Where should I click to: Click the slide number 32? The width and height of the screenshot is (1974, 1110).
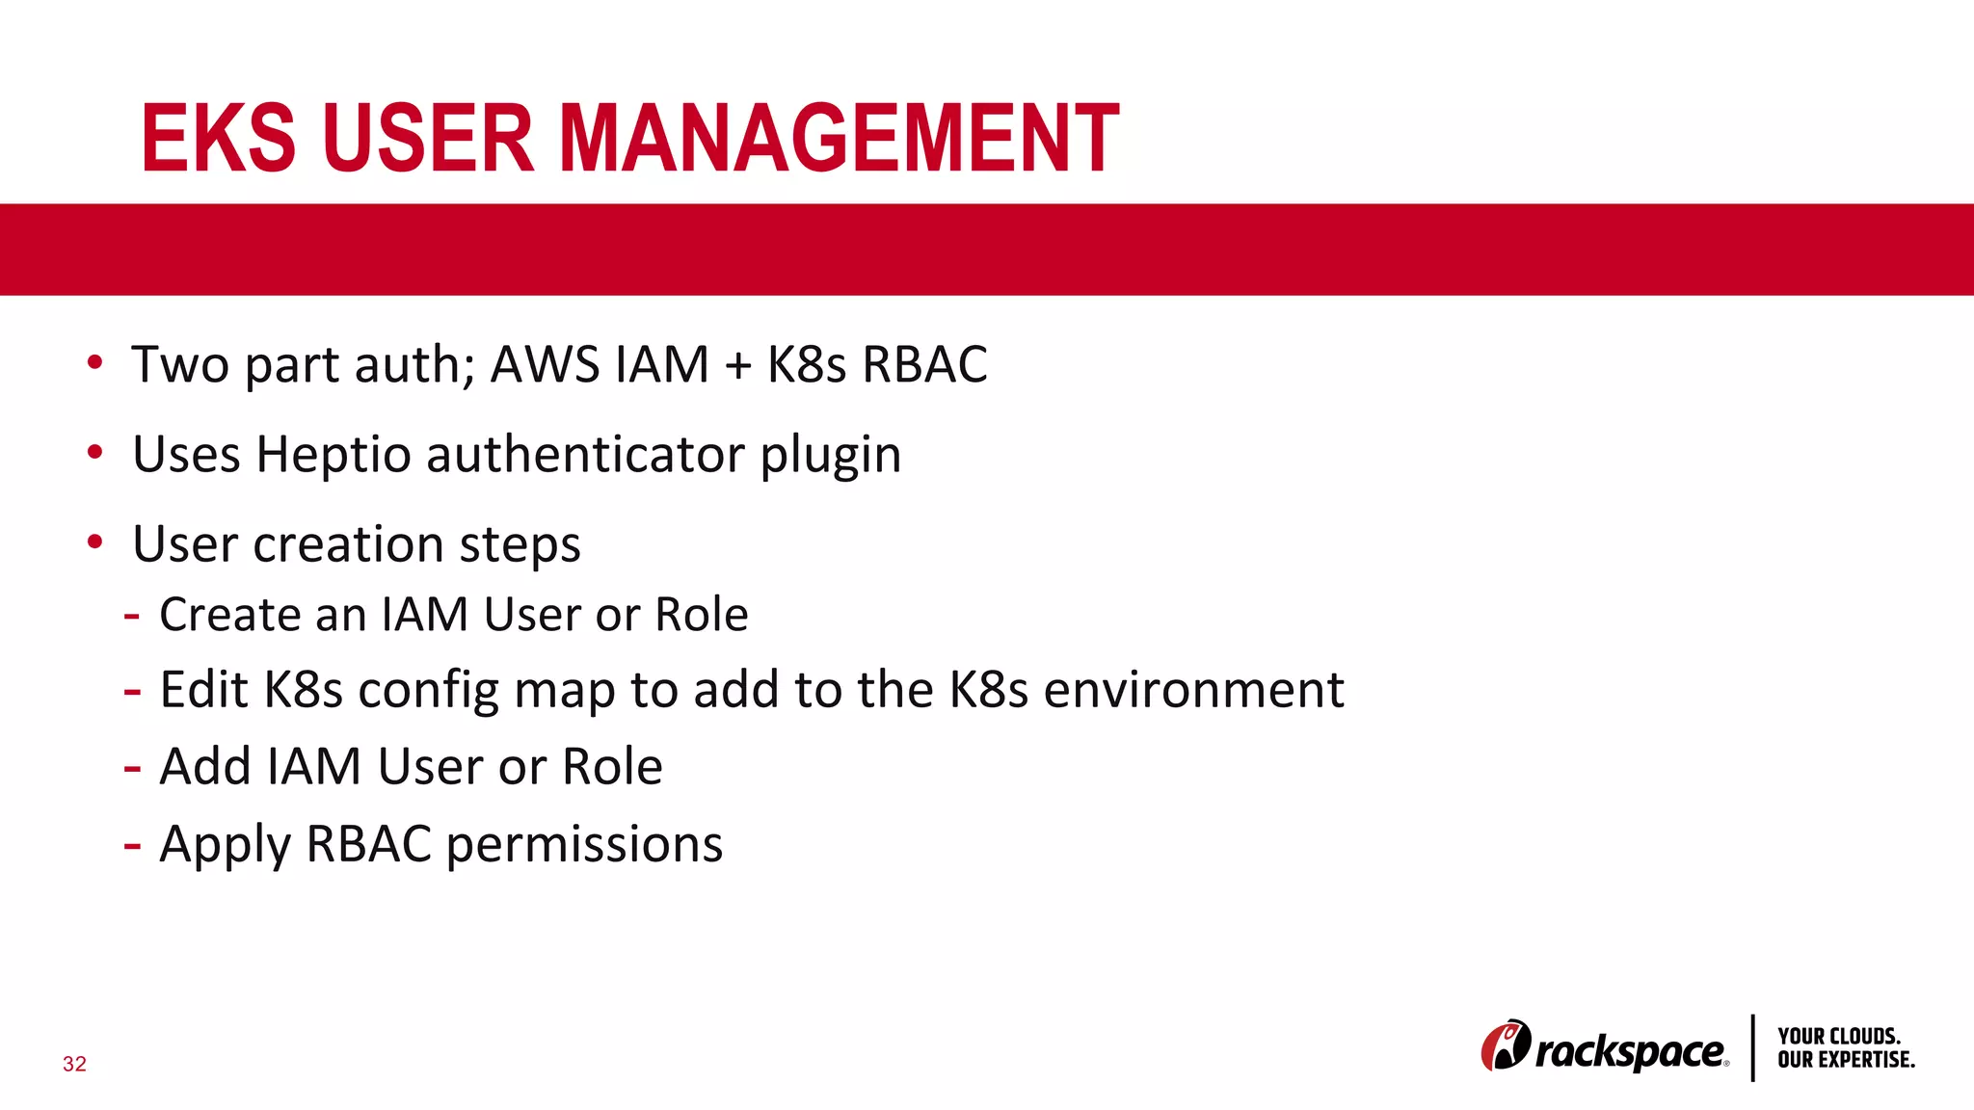[x=74, y=1064]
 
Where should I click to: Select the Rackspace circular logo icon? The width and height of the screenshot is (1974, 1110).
[x=1505, y=1045]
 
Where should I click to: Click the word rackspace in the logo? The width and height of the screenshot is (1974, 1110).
[x=1630, y=1051]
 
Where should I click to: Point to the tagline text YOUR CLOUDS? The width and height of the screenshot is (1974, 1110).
[x=1839, y=1037]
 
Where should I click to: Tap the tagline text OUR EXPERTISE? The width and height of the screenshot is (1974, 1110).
[x=1846, y=1060]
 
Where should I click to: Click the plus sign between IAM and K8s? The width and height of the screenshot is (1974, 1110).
[x=737, y=366]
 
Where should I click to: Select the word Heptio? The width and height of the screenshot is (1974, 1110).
[x=333, y=455]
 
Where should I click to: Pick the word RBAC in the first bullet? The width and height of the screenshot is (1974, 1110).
[x=924, y=365]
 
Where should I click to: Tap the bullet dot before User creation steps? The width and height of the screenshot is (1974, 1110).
[x=94, y=542]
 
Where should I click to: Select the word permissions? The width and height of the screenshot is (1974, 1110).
[x=584, y=845]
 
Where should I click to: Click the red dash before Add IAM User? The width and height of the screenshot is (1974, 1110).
[x=133, y=769]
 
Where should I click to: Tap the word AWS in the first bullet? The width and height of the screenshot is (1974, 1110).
[x=545, y=365]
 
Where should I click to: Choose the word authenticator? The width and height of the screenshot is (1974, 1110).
[x=585, y=455]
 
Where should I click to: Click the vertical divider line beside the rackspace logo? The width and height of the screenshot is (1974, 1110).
[x=1752, y=1047]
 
